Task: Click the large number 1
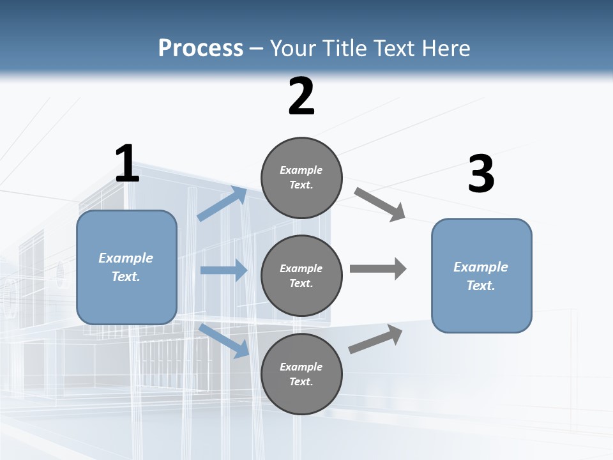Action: click(x=127, y=164)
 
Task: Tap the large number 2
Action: click(x=301, y=97)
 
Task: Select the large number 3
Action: click(x=481, y=174)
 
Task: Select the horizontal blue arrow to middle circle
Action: click(x=223, y=270)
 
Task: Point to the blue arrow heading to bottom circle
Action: click(x=224, y=341)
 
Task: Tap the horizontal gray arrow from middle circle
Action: click(x=378, y=268)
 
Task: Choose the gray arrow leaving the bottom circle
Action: click(x=375, y=339)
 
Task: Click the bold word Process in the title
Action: click(x=201, y=48)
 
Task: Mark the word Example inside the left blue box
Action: click(x=126, y=258)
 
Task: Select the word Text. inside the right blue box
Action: click(x=481, y=286)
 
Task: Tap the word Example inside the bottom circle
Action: click(x=301, y=367)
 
